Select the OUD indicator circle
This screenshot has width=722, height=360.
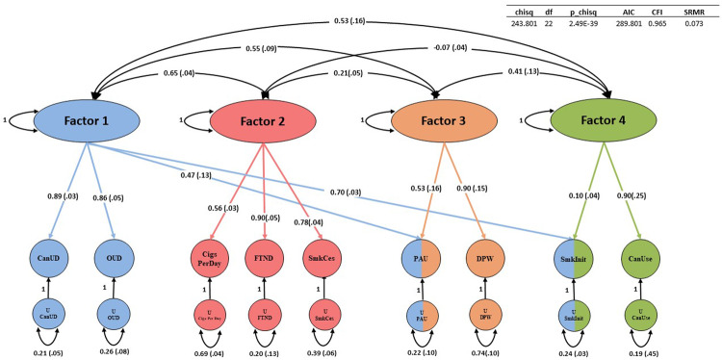(114, 259)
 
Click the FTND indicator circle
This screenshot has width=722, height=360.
(265, 259)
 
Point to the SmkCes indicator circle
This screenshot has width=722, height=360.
(320, 259)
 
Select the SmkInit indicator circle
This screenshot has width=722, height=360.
(574, 259)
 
